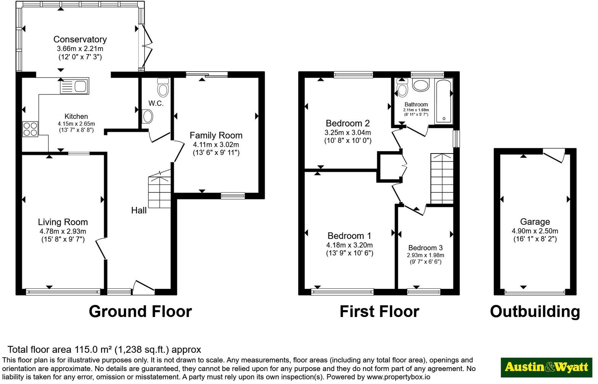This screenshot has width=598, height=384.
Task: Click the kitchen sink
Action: pyautogui.click(x=74, y=86)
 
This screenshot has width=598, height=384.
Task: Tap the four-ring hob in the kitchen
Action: pyautogui.click(x=30, y=129)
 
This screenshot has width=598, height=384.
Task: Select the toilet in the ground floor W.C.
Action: pyautogui.click(x=163, y=88)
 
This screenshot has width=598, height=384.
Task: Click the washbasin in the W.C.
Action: pyautogui.click(x=147, y=117)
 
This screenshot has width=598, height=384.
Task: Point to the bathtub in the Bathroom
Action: pyautogui.click(x=444, y=101)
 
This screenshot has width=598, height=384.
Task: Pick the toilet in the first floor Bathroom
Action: pyautogui.click(x=402, y=88)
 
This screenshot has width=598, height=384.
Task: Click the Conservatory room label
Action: pyautogui.click(x=80, y=40)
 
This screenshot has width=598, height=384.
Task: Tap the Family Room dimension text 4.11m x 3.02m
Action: pyautogui.click(x=216, y=145)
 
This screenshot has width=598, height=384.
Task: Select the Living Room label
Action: pyautogui.click(x=63, y=222)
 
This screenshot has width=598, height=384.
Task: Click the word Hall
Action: pyautogui.click(x=139, y=210)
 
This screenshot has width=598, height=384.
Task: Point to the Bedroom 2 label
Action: pyautogui.click(x=348, y=123)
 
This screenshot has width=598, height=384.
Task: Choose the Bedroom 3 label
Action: pyautogui.click(x=426, y=248)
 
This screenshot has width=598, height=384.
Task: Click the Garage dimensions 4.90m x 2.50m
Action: pyautogui.click(x=535, y=231)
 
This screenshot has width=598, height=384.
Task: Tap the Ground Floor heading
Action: pyautogui.click(x=140, y=312)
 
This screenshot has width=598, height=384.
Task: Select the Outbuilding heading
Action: pyautogui.click(x=535, y=312)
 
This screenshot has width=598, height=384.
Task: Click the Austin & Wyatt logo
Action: pyautogui.click(x=546, y=368)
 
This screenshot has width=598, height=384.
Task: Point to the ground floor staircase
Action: pyautogui.click(x=160, y=189)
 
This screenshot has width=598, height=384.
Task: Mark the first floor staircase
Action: pyautogui.click(x=442, y=178)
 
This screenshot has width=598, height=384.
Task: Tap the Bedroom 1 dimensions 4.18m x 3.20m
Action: pyautogui.click(x=349, y=245)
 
